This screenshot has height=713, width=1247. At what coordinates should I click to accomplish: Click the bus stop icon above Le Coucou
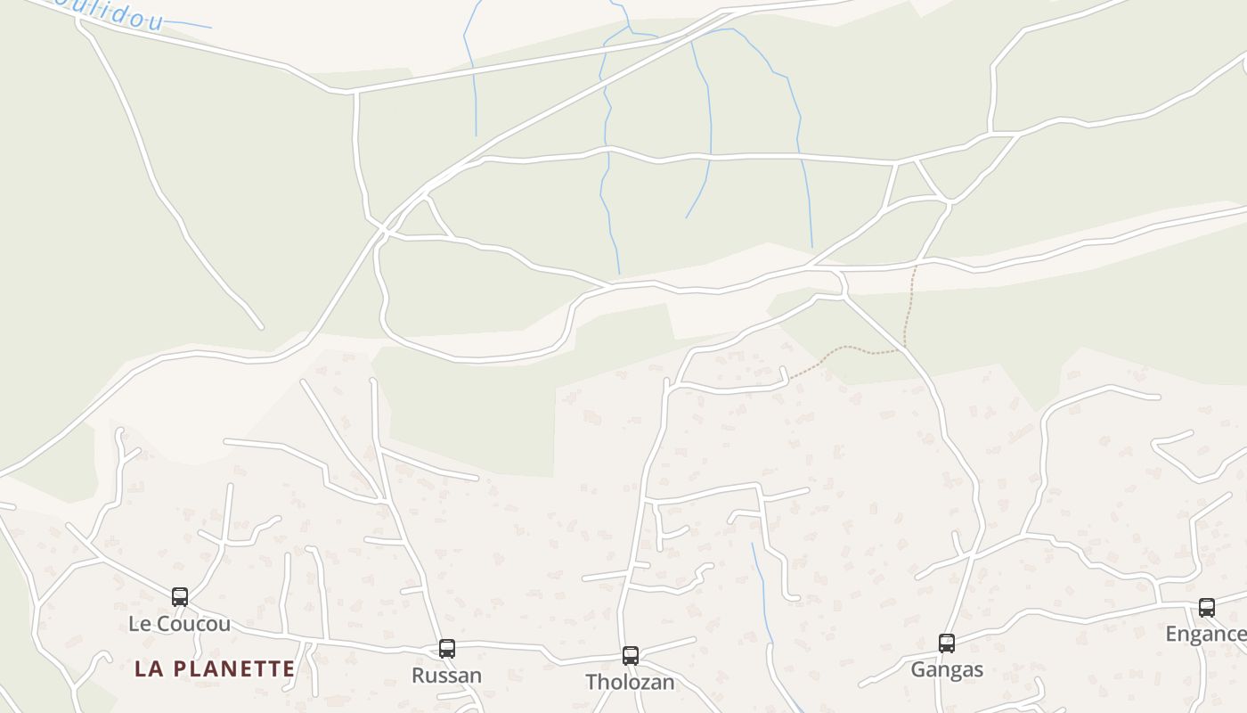[180, 597]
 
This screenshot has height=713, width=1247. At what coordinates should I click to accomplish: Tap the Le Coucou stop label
[179, 624]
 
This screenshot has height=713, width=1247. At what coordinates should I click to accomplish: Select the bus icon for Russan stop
[447, 649]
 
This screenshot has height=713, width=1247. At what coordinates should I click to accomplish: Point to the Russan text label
[446, 676]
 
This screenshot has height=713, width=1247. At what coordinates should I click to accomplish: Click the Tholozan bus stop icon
[631, 656]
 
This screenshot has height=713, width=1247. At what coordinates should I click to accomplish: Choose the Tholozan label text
[630, 683]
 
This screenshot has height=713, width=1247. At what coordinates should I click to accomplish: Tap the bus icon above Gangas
[947, 643]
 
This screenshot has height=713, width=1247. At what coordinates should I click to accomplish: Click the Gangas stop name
[947, 670]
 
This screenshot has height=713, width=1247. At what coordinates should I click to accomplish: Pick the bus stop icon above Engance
[1207, 608]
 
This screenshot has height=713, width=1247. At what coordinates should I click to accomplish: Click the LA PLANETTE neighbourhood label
[215, 668]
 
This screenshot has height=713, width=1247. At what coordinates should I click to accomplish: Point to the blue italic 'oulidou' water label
[107, 12]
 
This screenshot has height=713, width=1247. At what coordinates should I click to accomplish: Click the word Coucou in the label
[193, 624]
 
